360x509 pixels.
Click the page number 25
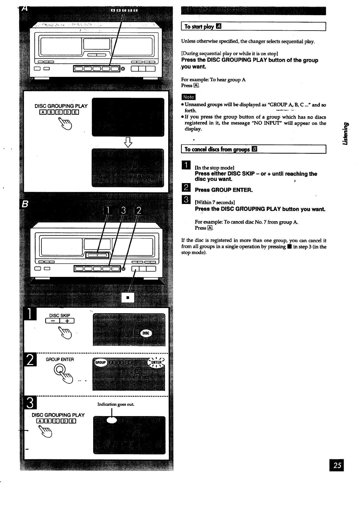point(337,465)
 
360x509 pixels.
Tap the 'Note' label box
point(188,97)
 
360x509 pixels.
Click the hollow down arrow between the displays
point(128,142)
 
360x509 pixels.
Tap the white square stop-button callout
point(128,298)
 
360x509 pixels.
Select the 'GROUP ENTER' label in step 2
point(60,360)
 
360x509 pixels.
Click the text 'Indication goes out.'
point(116,404)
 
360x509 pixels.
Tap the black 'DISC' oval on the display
point(146,333)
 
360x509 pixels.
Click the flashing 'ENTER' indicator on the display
point(156,362)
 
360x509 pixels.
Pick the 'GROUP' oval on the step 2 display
point(100,362)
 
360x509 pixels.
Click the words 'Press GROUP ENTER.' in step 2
point(224,190)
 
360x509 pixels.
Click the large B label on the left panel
point(25,205)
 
